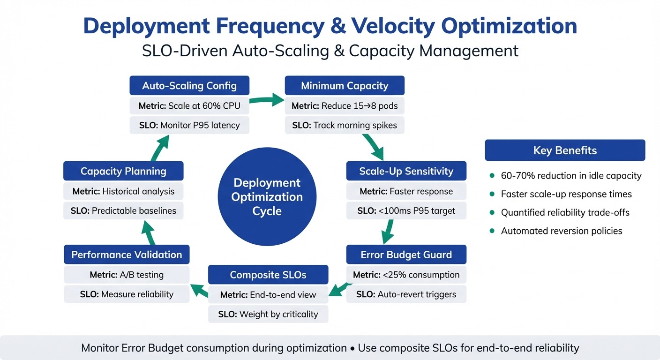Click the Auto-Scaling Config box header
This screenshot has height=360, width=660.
pos(189,86)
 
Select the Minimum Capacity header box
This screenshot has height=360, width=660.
pos(345,86)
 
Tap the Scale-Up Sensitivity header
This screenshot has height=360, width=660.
pos(406,171)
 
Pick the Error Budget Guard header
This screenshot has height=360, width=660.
pos(406,255)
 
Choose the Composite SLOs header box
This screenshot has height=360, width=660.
pos(268,275)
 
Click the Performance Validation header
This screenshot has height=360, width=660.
pos(127,255)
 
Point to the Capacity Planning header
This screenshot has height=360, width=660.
pos(123,171)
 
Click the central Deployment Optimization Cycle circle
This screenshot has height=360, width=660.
pos(267,196)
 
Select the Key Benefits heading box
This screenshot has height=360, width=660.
pos(565,150)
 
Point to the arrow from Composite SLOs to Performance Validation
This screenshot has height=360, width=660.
pos(199,290)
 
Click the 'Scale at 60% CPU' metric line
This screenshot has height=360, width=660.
pos(189,106)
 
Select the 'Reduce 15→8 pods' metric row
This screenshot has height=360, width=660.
pos(345,106)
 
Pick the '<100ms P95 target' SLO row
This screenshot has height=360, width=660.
pos(406,211)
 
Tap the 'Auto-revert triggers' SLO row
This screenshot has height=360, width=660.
pos(406,294)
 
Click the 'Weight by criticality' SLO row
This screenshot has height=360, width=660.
pos(268,314)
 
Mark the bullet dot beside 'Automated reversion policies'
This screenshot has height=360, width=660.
pos(492,231)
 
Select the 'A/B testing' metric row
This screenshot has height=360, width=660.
pos(127,275)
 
